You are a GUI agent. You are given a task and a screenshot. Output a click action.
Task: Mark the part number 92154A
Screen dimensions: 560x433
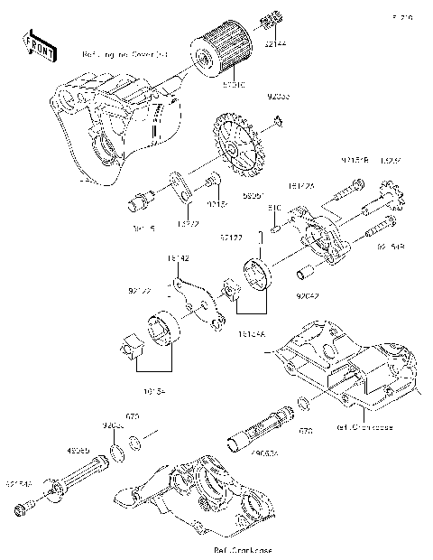20,484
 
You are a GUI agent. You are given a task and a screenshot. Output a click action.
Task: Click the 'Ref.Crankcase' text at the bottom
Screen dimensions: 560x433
243,549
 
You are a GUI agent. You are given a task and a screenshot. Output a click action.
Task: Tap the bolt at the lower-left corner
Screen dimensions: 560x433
27,510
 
